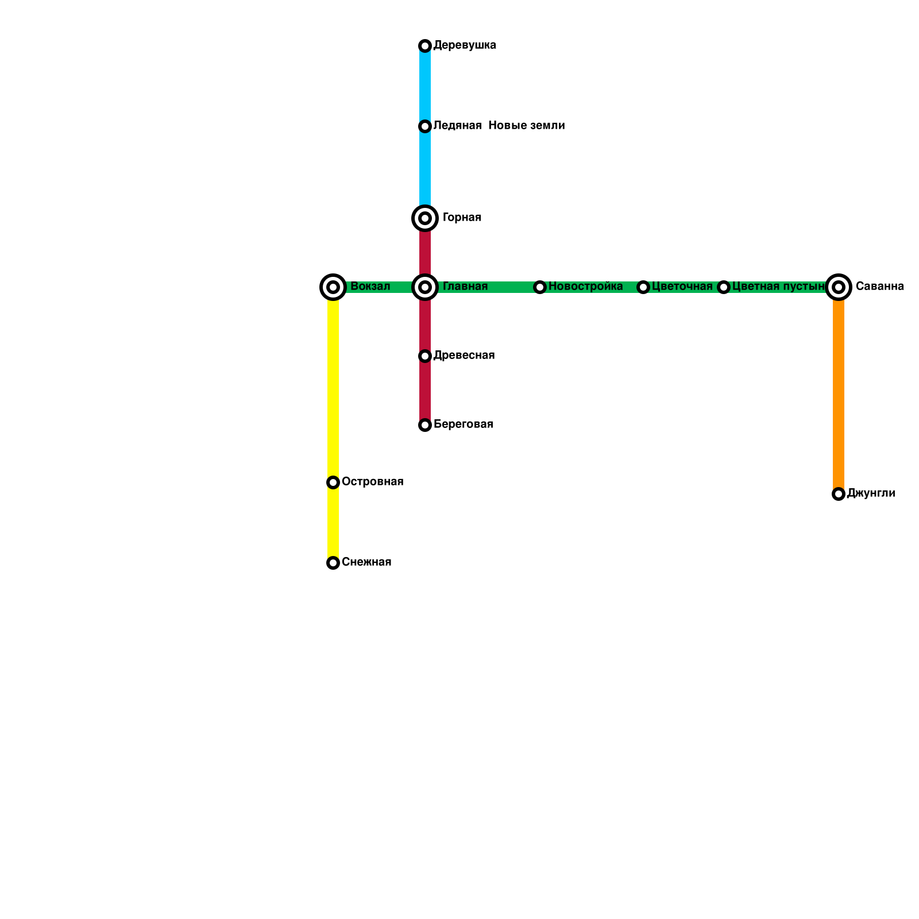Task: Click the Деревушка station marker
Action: pos(425,46)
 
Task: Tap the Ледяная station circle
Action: pos(425,126)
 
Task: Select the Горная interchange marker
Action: pos(425,218)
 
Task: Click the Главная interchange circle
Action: pos(425,287)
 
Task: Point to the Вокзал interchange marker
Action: pos(333,287)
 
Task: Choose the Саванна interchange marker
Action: pos(839,287)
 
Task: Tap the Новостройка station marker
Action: pos(540,287)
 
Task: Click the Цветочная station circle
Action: pos(643,287)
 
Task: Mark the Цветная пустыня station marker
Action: pos(724,287)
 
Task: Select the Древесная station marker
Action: pos(425,356)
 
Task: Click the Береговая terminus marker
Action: pos(425,425)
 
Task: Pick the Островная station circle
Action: pos(333,482)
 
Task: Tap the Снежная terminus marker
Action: pos(333,563)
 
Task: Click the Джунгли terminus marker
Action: pos(839,494)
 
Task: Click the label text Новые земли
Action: pos(526,126)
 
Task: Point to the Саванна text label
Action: pos(879,287)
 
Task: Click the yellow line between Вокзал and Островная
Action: pos(333,385)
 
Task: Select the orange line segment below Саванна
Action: pos(839,391)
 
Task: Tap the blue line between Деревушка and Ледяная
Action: pos(425,86)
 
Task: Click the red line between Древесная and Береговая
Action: pos(425,391)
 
